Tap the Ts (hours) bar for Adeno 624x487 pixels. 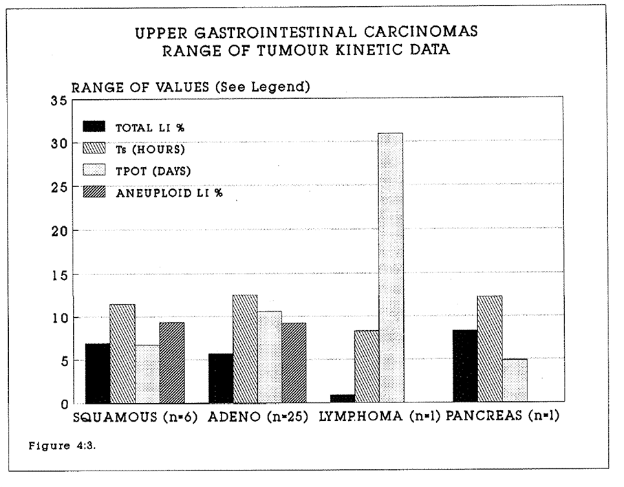click(x=245, y=348)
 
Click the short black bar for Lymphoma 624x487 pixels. click(x=341, y=398)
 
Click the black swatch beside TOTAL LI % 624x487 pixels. click(x=94, y=127)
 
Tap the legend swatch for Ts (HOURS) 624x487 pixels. click(x=94, y=149)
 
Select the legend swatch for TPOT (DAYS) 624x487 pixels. click(x=94, y=171)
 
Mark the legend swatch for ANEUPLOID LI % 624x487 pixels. click(x=94, y=193)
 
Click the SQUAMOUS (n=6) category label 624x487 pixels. click(x=136, y=418)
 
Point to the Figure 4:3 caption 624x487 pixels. click(x=56, y=445)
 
